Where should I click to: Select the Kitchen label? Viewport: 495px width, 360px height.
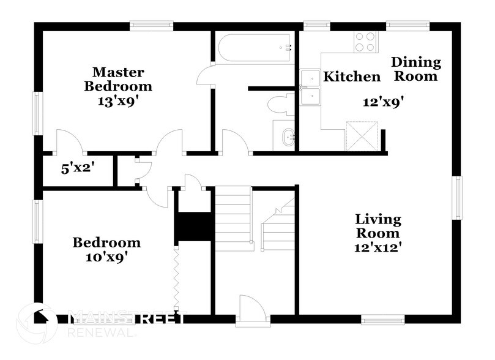tap(351, 77)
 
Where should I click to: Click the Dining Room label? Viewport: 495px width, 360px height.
tap(416, 69)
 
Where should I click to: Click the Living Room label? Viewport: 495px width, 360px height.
tap(378, 226)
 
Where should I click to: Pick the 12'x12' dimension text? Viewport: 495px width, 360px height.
tap(378, 247)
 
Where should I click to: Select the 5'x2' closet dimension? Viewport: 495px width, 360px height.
tap(77, 168)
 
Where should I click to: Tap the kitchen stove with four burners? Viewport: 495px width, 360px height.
tap(365, 42)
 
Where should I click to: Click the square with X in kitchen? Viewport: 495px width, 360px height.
tap(359, 136)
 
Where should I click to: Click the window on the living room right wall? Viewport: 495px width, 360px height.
tap(456, 197)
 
